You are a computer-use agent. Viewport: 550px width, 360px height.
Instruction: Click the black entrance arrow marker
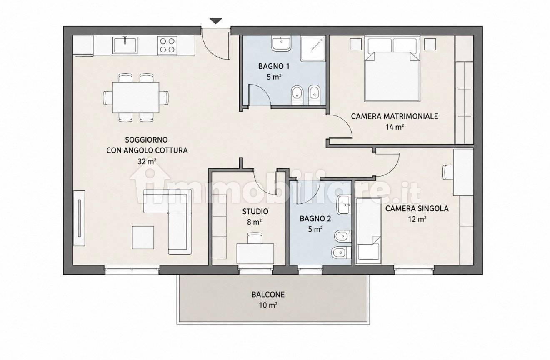coord(216,21)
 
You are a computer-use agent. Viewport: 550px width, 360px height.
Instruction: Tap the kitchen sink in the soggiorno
coord(125,45)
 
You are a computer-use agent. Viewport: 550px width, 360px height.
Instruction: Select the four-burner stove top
coord(167,45)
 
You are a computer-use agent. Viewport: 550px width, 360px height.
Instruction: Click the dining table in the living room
coord(136,97)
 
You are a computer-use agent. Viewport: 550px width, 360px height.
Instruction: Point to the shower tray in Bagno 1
coord(313,48)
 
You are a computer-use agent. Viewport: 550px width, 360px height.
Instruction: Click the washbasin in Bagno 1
coord(281,44)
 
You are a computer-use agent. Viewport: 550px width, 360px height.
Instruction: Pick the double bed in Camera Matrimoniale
coord(392,69)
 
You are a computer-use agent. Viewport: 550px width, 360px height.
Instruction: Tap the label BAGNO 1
coord(274,66)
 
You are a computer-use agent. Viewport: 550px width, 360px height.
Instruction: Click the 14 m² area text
coord(395,127)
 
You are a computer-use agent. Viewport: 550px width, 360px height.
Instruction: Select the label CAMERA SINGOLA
coord(417,208)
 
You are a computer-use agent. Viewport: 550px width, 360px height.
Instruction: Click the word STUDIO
coord(255,211)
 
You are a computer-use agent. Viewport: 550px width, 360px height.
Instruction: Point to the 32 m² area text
coord(147,161)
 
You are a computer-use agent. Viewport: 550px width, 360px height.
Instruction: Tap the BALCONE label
coord(268,295)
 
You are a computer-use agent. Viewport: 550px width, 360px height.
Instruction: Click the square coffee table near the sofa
coord(143,237)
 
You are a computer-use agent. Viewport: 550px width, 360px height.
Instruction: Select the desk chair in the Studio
coord(255,237)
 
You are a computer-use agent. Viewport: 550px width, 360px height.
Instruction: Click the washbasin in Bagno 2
coord(345,205)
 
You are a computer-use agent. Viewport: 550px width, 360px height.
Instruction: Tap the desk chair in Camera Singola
coord(448,172)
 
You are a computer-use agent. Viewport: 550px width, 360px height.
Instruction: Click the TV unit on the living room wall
coord(79,218)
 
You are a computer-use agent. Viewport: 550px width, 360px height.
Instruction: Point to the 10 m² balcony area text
coord(268,305)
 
